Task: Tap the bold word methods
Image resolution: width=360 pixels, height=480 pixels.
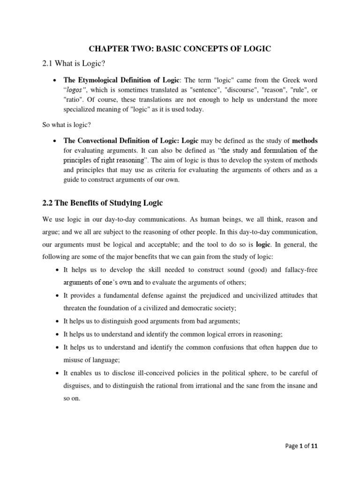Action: click(305, 141)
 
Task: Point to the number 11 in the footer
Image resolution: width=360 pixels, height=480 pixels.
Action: click(314, 446)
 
